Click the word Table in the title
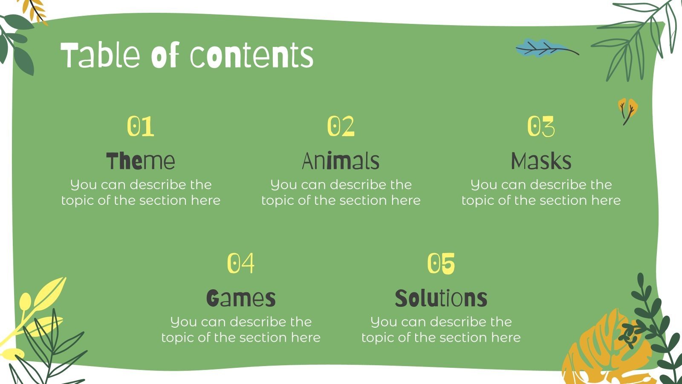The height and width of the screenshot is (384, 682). click(101, 55)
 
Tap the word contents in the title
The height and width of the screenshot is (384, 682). click(251, 55)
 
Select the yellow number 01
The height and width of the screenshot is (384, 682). click(140, 126)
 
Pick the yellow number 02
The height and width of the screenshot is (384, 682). click(341, 126)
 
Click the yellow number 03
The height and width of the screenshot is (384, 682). click(541, 126)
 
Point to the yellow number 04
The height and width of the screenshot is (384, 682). click(240, 263)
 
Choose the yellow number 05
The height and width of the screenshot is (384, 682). click(441, 263)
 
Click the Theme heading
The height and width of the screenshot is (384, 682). click(140, 161)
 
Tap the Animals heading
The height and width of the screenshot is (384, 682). click(341, 161)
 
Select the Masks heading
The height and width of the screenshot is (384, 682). click(541, 161)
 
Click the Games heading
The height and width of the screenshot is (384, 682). click(240, 298)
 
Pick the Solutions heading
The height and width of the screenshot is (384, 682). click(441, 298)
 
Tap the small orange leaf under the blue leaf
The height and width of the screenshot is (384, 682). click(628, 109)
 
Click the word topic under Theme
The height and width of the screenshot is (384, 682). click(78, 201)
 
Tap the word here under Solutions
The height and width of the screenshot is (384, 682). click(506, 337)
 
